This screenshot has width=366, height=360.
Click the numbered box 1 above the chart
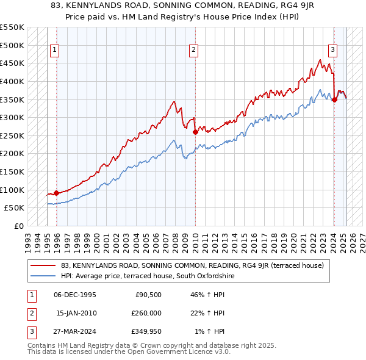tap(55, 51)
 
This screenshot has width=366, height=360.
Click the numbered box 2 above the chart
tap(193, 51)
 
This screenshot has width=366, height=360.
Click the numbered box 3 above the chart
tap(333, 51)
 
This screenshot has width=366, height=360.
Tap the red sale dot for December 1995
tap(56, 193)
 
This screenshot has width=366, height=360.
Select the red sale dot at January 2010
tap(195, 131)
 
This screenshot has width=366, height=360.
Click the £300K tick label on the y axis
tap(12, 117)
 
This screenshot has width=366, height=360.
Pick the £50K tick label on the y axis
tap(15, 208)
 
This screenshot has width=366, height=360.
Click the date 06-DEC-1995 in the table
tap(75, 294)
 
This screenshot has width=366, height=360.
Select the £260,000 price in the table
tap(146, 313)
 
